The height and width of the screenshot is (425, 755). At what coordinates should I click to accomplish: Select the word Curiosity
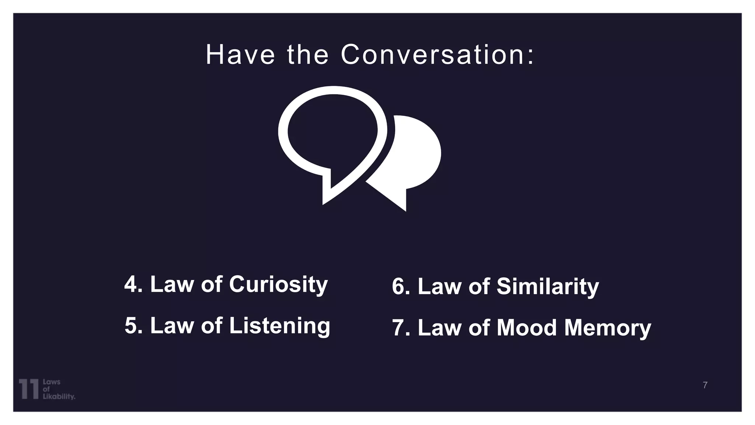[x=278, y=285]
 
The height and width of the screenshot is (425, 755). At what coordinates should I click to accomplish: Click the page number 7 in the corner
[x=705, y=385]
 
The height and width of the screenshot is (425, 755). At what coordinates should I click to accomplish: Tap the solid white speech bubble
[x=417, y=155]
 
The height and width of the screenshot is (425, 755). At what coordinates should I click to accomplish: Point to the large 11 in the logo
[x=29, y=388]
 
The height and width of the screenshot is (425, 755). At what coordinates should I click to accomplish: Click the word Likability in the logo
[x=59, y=397]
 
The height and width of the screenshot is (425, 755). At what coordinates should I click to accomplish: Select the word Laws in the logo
[x=52, y=382]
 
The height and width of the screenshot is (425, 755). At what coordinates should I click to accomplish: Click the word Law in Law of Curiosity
[x=171, y=284]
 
